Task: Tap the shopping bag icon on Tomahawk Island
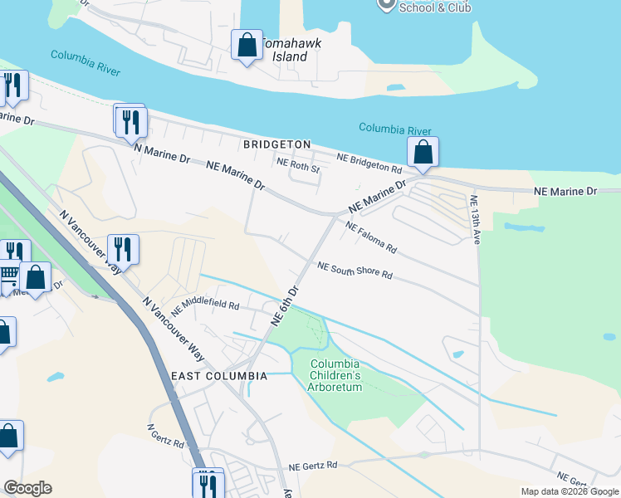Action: [x=247, y=46]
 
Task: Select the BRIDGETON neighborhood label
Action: [x=277, y=144]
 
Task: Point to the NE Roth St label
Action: [x=298, y=164]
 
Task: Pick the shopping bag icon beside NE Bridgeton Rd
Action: [x=423, y=154]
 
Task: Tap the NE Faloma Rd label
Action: [x=372, y=237]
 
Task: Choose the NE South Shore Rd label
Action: [x=355, y=271]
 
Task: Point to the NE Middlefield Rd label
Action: [x=205, y=307]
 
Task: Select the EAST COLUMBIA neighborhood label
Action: [x=219, y=376]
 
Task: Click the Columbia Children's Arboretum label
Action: [x=335, y=375]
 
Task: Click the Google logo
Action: [x=27, y=488]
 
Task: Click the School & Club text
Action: [x=435, y=7]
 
